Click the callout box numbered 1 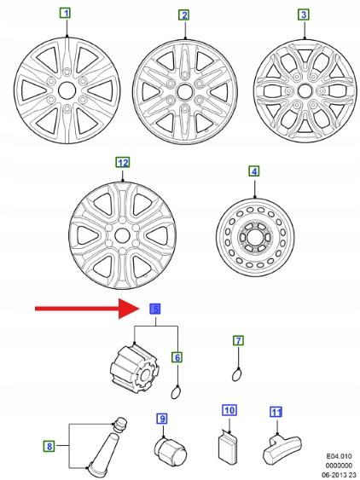pos(65,13)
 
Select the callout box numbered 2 pos(183,15)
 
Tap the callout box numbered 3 pos(304,14)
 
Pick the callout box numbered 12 pos(123,163)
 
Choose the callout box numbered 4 pos(254,171)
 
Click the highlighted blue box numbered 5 pos(155,309)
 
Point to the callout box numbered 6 pos(177,357)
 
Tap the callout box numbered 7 pos(238,341)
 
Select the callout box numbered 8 pos(49,446)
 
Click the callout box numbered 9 pos(162,419)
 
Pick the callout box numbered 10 pos(229,410)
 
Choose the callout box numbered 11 pos(276,412)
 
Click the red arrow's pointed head pos(138,309)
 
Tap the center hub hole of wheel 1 pos(67,90)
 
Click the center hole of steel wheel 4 pos(255,237)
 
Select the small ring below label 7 pos(236,375)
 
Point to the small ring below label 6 pos(175,393)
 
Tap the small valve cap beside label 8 pos(121,424)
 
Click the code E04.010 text pos(340,456)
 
